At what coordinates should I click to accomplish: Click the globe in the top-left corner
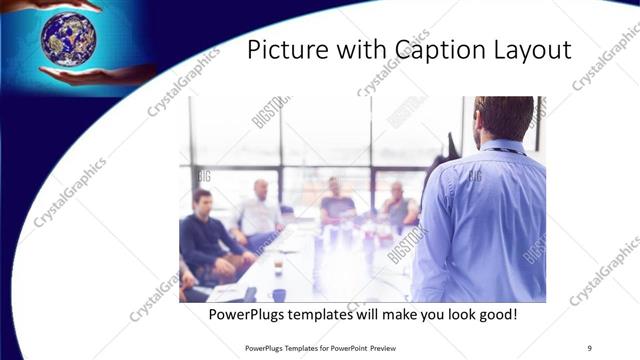(68, 38)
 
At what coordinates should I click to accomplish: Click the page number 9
(589, 347)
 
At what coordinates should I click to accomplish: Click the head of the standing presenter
(503, 118)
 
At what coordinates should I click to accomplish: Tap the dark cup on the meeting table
(279, 294)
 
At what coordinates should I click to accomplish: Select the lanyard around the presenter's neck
(500, 150)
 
